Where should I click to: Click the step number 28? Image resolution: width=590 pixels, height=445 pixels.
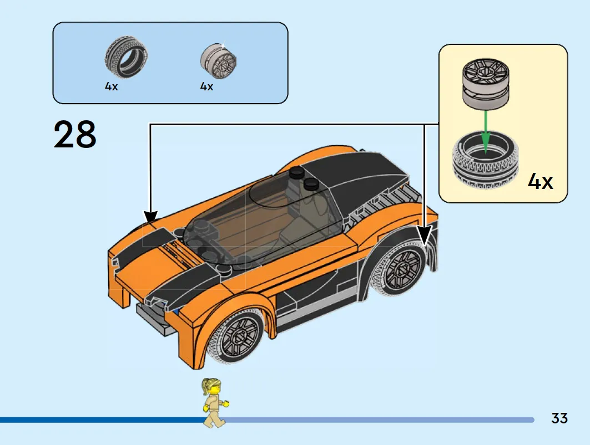pyautogui.click(x=75, y=134)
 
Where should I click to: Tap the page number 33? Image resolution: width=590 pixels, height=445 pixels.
pyautogui.click(x=559, y=418)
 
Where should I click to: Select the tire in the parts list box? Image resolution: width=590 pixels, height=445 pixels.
pyautogui.click(x=127, y=57)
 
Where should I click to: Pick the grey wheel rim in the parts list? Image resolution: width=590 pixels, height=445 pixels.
pyautogui.click(x=218, y=62)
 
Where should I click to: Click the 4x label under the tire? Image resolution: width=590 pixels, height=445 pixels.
pyautogui.click(x=112, y=86)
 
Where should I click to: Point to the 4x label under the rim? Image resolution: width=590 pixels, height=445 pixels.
pyautogui.click(x=206, y=86)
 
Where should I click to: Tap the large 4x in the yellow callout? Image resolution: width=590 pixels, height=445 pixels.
pyautogui.click(x=541, y=182)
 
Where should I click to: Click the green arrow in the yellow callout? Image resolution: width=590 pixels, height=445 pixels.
pyautogui.click(x=486, y=131)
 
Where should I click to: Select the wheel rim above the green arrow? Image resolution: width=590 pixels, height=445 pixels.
pyautogui.click(x=486, y=84)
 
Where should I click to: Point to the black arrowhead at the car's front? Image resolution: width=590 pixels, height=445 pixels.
pyautogui.click(x=150, y=217)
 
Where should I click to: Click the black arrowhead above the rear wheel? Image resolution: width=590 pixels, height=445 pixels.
pyautogui.click(x=425, y=234)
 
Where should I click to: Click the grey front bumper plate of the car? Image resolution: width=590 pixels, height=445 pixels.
pyautogui.click(x=156, y=319)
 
